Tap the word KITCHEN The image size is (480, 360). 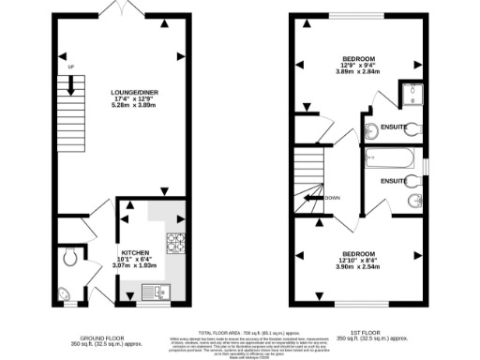134,252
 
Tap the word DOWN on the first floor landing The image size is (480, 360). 332,198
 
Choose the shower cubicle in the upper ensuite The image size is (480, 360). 411,92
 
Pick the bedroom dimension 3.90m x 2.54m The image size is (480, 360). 356,267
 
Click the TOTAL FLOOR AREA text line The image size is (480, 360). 241,333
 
